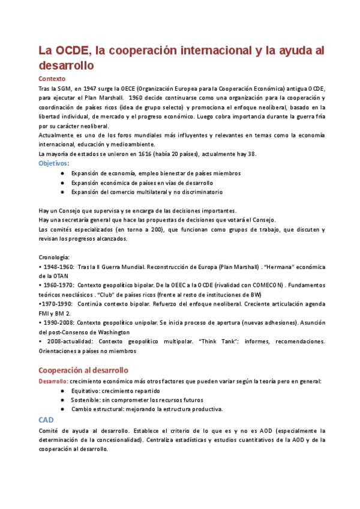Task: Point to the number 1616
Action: [141, 154]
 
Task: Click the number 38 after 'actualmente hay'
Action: [251, 154]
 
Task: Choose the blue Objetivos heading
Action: [53, 163]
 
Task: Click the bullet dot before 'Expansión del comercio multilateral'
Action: [63, 192]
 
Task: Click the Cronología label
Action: [54, 257]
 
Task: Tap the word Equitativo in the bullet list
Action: [88, 390]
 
